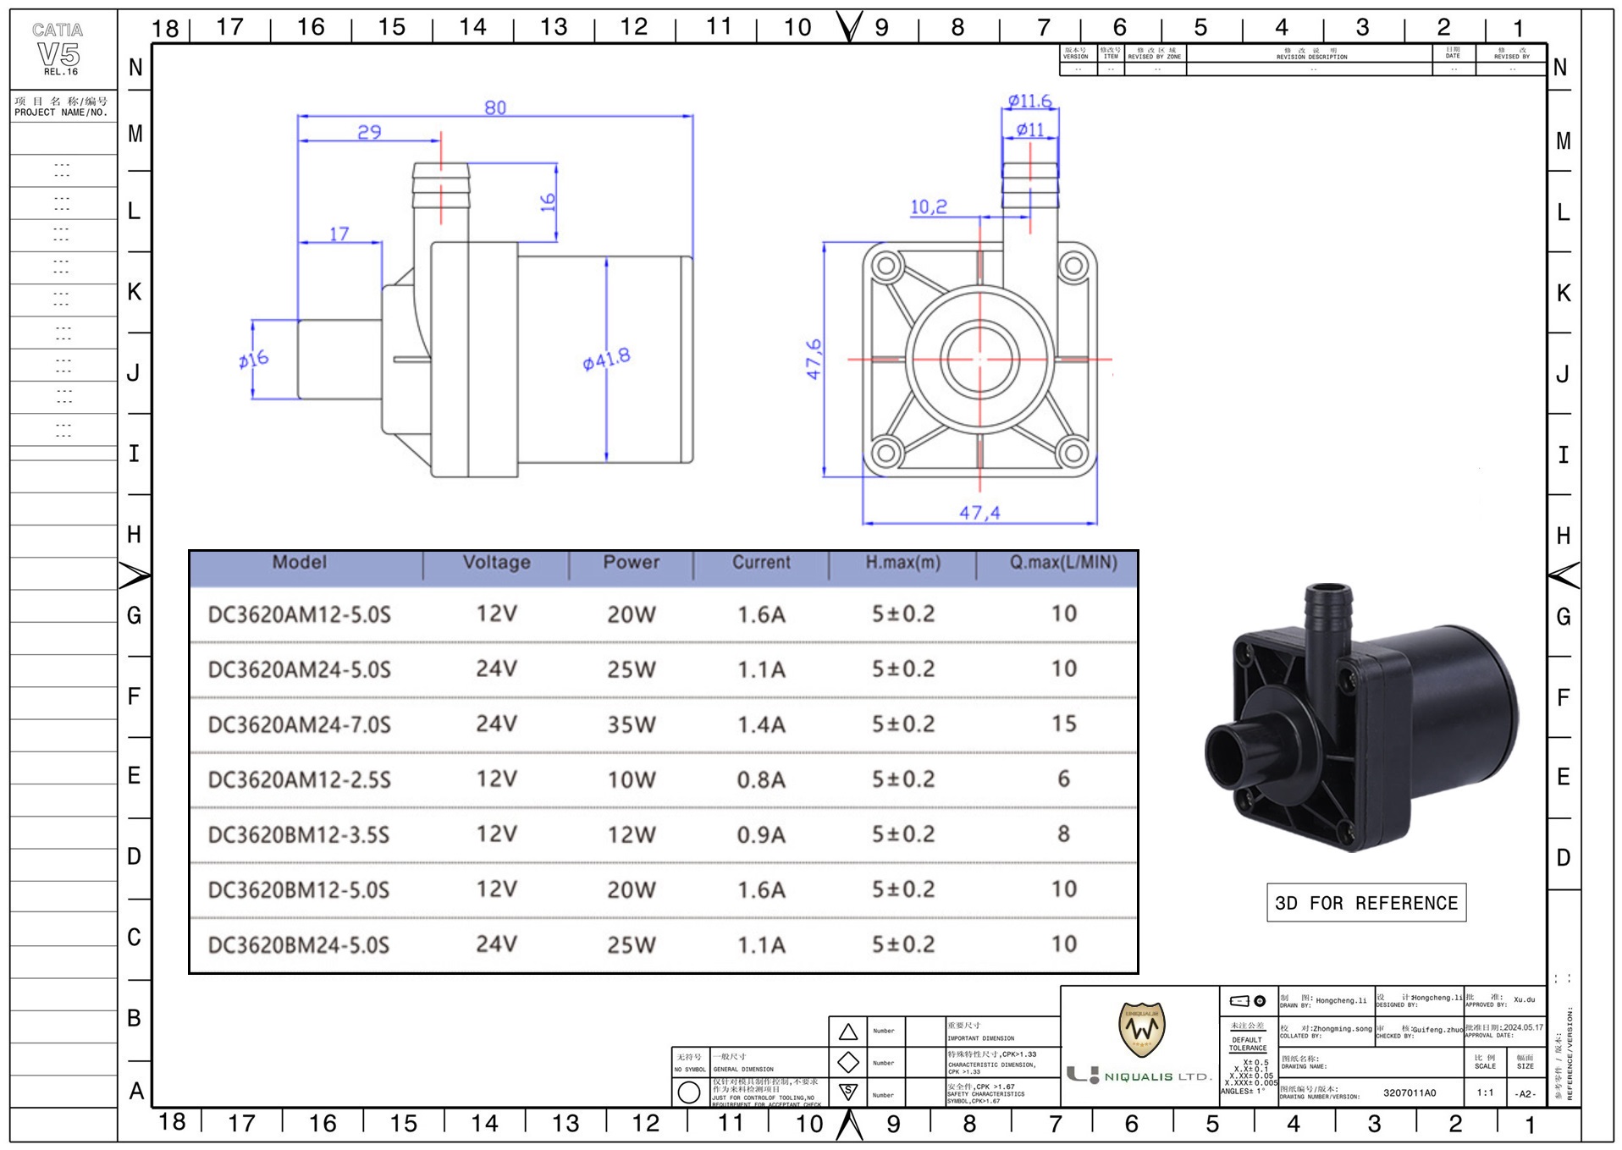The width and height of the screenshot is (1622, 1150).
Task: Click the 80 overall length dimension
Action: click(x=495, y=107)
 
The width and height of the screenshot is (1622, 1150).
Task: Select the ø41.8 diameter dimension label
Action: click(x=606, y=360)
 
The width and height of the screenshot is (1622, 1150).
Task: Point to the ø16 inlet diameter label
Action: click(x=253, y=360)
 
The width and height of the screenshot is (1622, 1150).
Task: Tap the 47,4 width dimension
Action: click(x=979, y=513)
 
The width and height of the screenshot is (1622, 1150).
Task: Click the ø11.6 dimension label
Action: click(x=1029, y=102)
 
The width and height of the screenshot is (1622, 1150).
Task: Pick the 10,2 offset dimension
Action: click(x=929, y=206)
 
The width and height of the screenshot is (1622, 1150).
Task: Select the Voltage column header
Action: click(x=497, y=563)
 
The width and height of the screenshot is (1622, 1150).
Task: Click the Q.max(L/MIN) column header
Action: click(x=1063, y=563)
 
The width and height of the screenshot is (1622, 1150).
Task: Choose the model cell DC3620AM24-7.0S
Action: click(x=300, y=725)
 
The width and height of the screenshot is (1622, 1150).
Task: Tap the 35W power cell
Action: click(x=632, y=725)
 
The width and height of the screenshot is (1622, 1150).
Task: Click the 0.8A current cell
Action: click(x=761, y=780)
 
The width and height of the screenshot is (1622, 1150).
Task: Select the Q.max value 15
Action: click(x=1064, y=724)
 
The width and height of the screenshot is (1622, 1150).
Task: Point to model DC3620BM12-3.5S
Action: click(x=300, y=835)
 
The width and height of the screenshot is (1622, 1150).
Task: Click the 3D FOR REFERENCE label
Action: click(x=1365, y=903)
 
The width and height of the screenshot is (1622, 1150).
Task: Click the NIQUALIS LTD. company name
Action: click(x=1156, y=1076)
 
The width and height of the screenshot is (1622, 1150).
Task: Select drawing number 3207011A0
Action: click(x=1410, y=1092)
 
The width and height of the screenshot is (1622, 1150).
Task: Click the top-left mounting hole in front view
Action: click(x=886, y=267)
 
